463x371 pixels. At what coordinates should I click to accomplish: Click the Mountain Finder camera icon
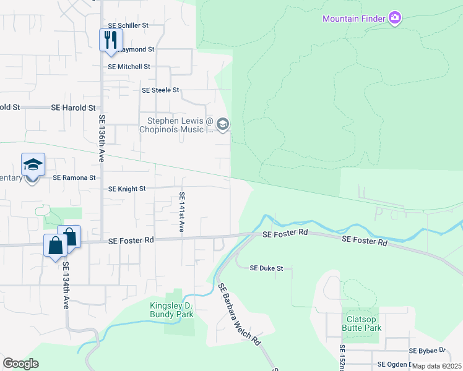click(x=394, y=18)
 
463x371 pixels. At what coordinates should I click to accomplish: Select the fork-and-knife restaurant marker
click(x=111, y=40)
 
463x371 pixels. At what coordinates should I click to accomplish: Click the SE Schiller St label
click(x=129, y=25)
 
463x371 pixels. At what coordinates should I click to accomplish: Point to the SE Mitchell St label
click(x=129, y=66)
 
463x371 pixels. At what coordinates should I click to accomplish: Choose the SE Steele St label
click(x=160, y=90)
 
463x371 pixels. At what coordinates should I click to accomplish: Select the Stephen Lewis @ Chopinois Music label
click(x=180, y=125)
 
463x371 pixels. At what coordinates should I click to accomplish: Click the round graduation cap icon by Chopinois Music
click(x=223, y=125)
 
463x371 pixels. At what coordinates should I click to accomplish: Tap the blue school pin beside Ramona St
click(x=33, y=165)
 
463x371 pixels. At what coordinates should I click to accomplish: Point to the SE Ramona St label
click(x=74, y=177)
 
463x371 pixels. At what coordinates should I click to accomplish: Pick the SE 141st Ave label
click(x=182, y=212)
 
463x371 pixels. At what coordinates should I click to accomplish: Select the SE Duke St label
click(x=266, y=268)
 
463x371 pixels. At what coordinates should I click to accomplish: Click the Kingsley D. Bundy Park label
click(x=172, y=310)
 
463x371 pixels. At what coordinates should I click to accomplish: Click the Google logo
click(x=20, y=363)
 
